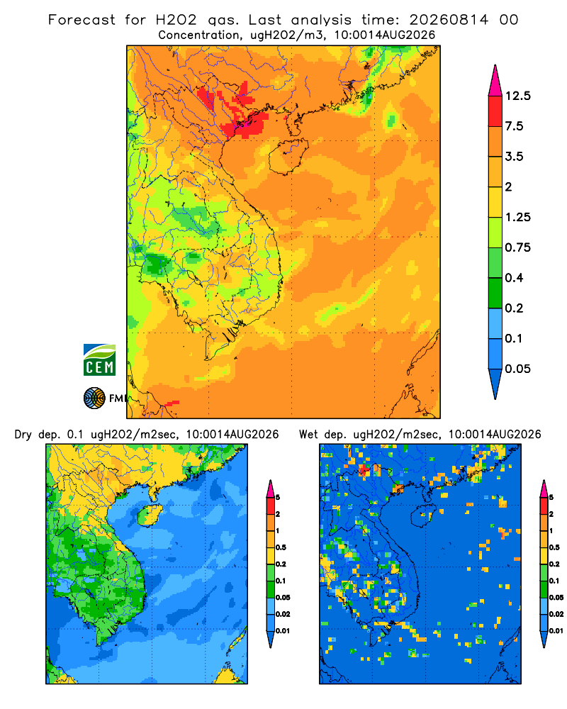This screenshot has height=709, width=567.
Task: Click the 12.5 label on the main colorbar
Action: [517, 96]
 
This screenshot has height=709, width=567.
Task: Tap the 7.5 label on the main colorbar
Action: [514, 126]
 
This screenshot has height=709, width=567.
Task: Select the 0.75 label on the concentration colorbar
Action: [517, 247]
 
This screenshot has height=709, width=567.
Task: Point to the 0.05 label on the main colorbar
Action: [517, 369]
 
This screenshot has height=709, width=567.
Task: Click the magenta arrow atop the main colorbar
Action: [495, 82]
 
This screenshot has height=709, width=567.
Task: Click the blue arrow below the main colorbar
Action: [495, 384]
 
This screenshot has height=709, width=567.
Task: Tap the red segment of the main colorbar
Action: [495, 111]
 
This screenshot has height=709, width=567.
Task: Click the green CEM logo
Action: [99, 360]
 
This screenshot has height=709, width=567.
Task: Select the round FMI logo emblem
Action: [94, 398]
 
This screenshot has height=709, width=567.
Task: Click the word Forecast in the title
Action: [82, 20]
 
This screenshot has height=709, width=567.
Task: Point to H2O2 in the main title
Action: [176, 20]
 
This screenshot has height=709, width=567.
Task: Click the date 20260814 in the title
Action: [449, 20]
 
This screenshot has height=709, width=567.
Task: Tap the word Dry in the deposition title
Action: [23, 435]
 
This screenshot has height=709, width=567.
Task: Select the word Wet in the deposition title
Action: [310, 435]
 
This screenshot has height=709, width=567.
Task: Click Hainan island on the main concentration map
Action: [288, 157]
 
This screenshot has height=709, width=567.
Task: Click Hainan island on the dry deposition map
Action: [150, 515]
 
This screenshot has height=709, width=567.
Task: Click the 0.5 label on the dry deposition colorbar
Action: [281, 547]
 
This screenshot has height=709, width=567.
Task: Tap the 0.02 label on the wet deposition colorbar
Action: [556, 614]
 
